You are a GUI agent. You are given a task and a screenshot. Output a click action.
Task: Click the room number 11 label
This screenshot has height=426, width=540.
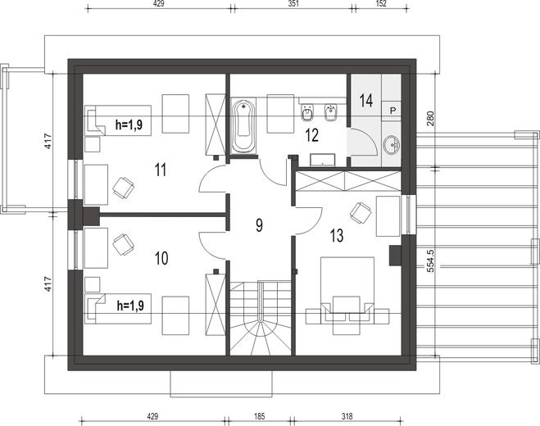tap(161, 170)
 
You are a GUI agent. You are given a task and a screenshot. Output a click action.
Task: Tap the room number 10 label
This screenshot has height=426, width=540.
tap(161, 258)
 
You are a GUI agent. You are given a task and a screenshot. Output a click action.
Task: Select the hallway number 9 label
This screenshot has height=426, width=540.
tap(259, 225)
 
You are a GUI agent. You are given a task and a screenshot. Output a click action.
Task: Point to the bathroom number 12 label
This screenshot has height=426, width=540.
tap(311, 135)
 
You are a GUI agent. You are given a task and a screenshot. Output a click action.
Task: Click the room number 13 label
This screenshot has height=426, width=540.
tap(337, 236)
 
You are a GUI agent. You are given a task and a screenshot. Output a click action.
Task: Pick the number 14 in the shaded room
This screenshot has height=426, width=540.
tap(365, 101)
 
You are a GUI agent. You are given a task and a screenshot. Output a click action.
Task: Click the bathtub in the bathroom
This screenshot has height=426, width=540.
tap(243, 126)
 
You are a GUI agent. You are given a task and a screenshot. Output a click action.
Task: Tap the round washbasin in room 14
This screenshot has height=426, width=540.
tap(391, 145)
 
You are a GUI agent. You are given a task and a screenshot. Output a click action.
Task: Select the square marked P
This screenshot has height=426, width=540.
tap(392, 111)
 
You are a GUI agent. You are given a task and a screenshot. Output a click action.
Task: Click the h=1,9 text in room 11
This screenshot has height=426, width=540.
tap(129, 125)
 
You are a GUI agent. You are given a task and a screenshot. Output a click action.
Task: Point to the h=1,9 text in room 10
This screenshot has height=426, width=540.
tap(130, 306)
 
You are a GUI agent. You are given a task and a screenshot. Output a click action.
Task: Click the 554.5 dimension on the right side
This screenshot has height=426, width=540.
tap(430, 261)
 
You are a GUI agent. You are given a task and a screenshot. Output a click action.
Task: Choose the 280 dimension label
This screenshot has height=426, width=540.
tap(430, 118)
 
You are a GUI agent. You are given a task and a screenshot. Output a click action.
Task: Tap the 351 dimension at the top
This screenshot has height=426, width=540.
tap(293, 3)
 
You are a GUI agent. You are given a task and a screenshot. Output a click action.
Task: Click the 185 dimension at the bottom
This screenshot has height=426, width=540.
tap(259, 417)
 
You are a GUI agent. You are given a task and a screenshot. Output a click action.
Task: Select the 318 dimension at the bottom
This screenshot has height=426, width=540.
tap(347, 417)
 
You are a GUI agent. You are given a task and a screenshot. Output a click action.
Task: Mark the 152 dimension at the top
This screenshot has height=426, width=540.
tap(381, 3)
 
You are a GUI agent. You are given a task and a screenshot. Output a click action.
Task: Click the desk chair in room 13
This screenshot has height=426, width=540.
tap(361, 212)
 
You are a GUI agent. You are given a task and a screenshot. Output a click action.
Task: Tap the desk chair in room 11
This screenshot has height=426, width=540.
tap(123, 188)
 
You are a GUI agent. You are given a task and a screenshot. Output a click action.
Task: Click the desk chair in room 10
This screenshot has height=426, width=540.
tap(123, 244)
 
